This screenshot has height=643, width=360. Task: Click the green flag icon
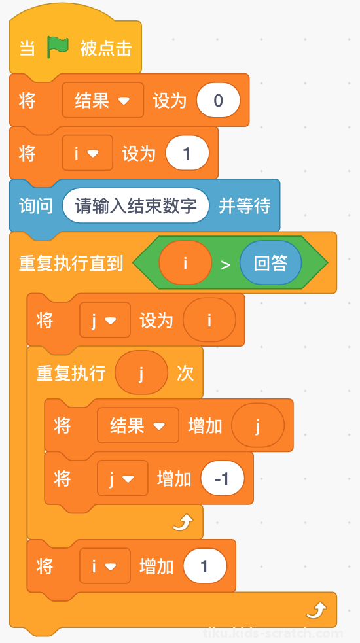[x=58, y=48]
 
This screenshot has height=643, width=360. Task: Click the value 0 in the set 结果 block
[x=218, y=101]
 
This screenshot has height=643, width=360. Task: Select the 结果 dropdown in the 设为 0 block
[x=103, y=101]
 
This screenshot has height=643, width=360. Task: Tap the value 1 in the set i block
[x=187, y=153]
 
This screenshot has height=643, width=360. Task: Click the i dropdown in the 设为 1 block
[x=87, y=153]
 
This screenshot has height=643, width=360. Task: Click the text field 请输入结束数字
[x=136, y=205]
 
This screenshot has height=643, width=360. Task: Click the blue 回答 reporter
[x=270, y=263]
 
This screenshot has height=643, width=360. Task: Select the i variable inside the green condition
[x=185, y=263]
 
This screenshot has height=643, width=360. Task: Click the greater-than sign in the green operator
[x=226, y=264]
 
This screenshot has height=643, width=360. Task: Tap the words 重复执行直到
[x=71, y=263]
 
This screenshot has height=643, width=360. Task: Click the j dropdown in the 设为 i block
[x=105, y=320]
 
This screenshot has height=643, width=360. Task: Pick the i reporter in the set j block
[x=209, y=320]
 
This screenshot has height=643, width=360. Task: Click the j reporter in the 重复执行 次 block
[x=141, y=373]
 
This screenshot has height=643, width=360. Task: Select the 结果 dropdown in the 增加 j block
[x=138, y=425]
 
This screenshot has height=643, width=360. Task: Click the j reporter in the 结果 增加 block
[x=258, y=425]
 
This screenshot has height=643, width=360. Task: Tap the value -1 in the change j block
[x=223, y=478]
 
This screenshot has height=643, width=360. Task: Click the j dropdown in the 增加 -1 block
[x=122, y=478]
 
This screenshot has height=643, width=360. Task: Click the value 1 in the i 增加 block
[x=205, y=566]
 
